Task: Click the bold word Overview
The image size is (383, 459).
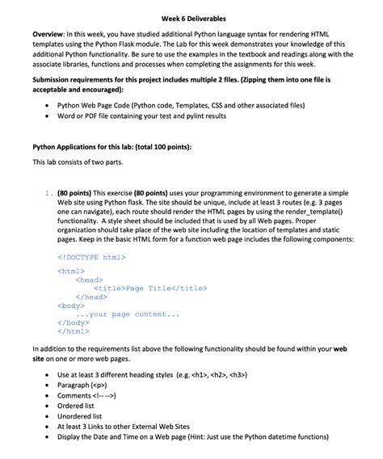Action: (51, 35)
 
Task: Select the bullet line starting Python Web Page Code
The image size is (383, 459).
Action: (181, 105)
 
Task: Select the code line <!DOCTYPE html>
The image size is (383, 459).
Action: (91, 257)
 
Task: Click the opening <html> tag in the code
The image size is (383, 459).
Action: (71, 272)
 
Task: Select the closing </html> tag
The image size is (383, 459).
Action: (74, 331)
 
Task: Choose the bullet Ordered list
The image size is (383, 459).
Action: (81, 406)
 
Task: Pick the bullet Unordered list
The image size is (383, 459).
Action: (85, 417)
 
